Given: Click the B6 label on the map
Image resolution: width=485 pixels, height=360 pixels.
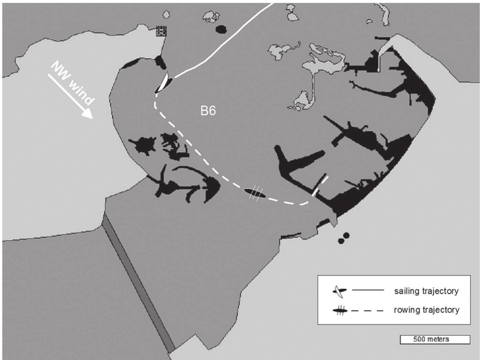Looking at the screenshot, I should [208, 111].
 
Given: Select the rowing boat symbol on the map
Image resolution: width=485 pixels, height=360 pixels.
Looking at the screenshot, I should [254, 193].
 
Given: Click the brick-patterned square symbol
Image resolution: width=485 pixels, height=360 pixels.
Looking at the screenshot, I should [161, 31].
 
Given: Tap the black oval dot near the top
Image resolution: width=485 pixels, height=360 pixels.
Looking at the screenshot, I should [221, 29].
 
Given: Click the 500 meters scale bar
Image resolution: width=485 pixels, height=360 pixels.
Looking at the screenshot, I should [435, 339].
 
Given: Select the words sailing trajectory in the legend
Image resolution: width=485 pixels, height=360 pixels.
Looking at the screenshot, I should [426, 291].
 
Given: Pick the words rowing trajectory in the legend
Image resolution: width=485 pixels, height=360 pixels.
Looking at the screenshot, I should [426, 310].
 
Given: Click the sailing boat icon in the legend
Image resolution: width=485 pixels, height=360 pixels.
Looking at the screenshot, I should [339, 291].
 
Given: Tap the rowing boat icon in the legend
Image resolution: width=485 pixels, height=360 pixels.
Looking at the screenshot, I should [340, 311].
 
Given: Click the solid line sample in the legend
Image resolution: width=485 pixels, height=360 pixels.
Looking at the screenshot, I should [368, 290].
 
